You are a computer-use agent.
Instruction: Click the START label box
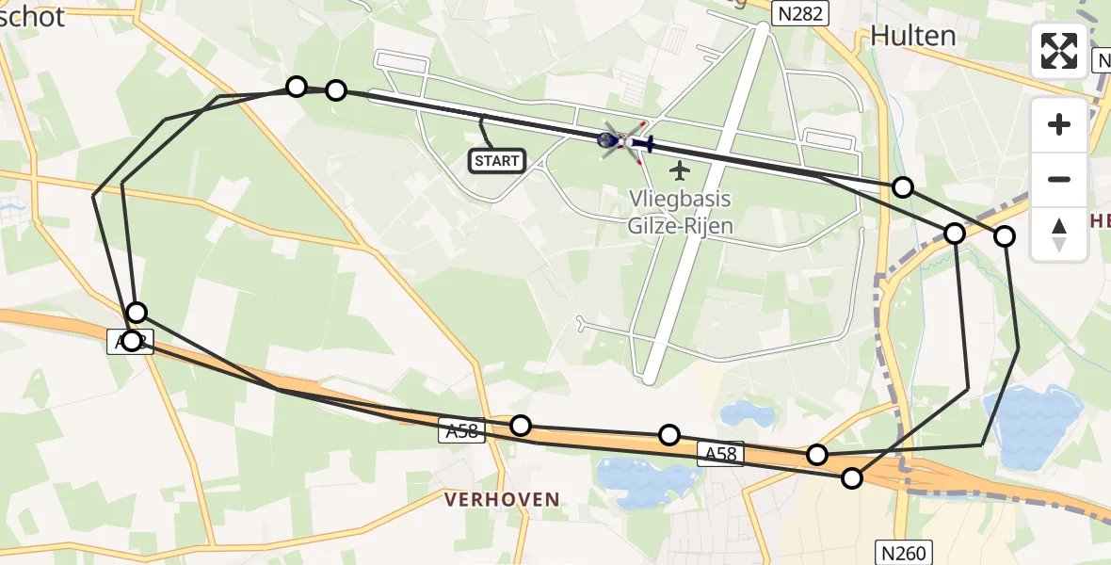497,161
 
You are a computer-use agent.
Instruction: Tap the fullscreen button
1059,51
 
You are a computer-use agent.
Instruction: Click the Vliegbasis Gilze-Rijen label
680,213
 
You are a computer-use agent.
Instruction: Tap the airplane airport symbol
680,170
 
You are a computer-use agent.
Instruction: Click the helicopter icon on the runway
623,141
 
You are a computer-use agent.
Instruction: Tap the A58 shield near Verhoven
461,432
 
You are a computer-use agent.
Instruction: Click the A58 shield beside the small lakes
721,455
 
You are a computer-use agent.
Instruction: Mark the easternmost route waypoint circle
1005,236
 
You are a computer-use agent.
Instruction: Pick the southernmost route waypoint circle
852,478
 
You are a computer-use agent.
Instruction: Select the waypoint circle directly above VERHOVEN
521,426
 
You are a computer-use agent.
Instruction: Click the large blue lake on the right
1032,422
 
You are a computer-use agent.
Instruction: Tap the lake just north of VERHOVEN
640,476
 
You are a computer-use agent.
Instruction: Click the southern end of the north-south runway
649,378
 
